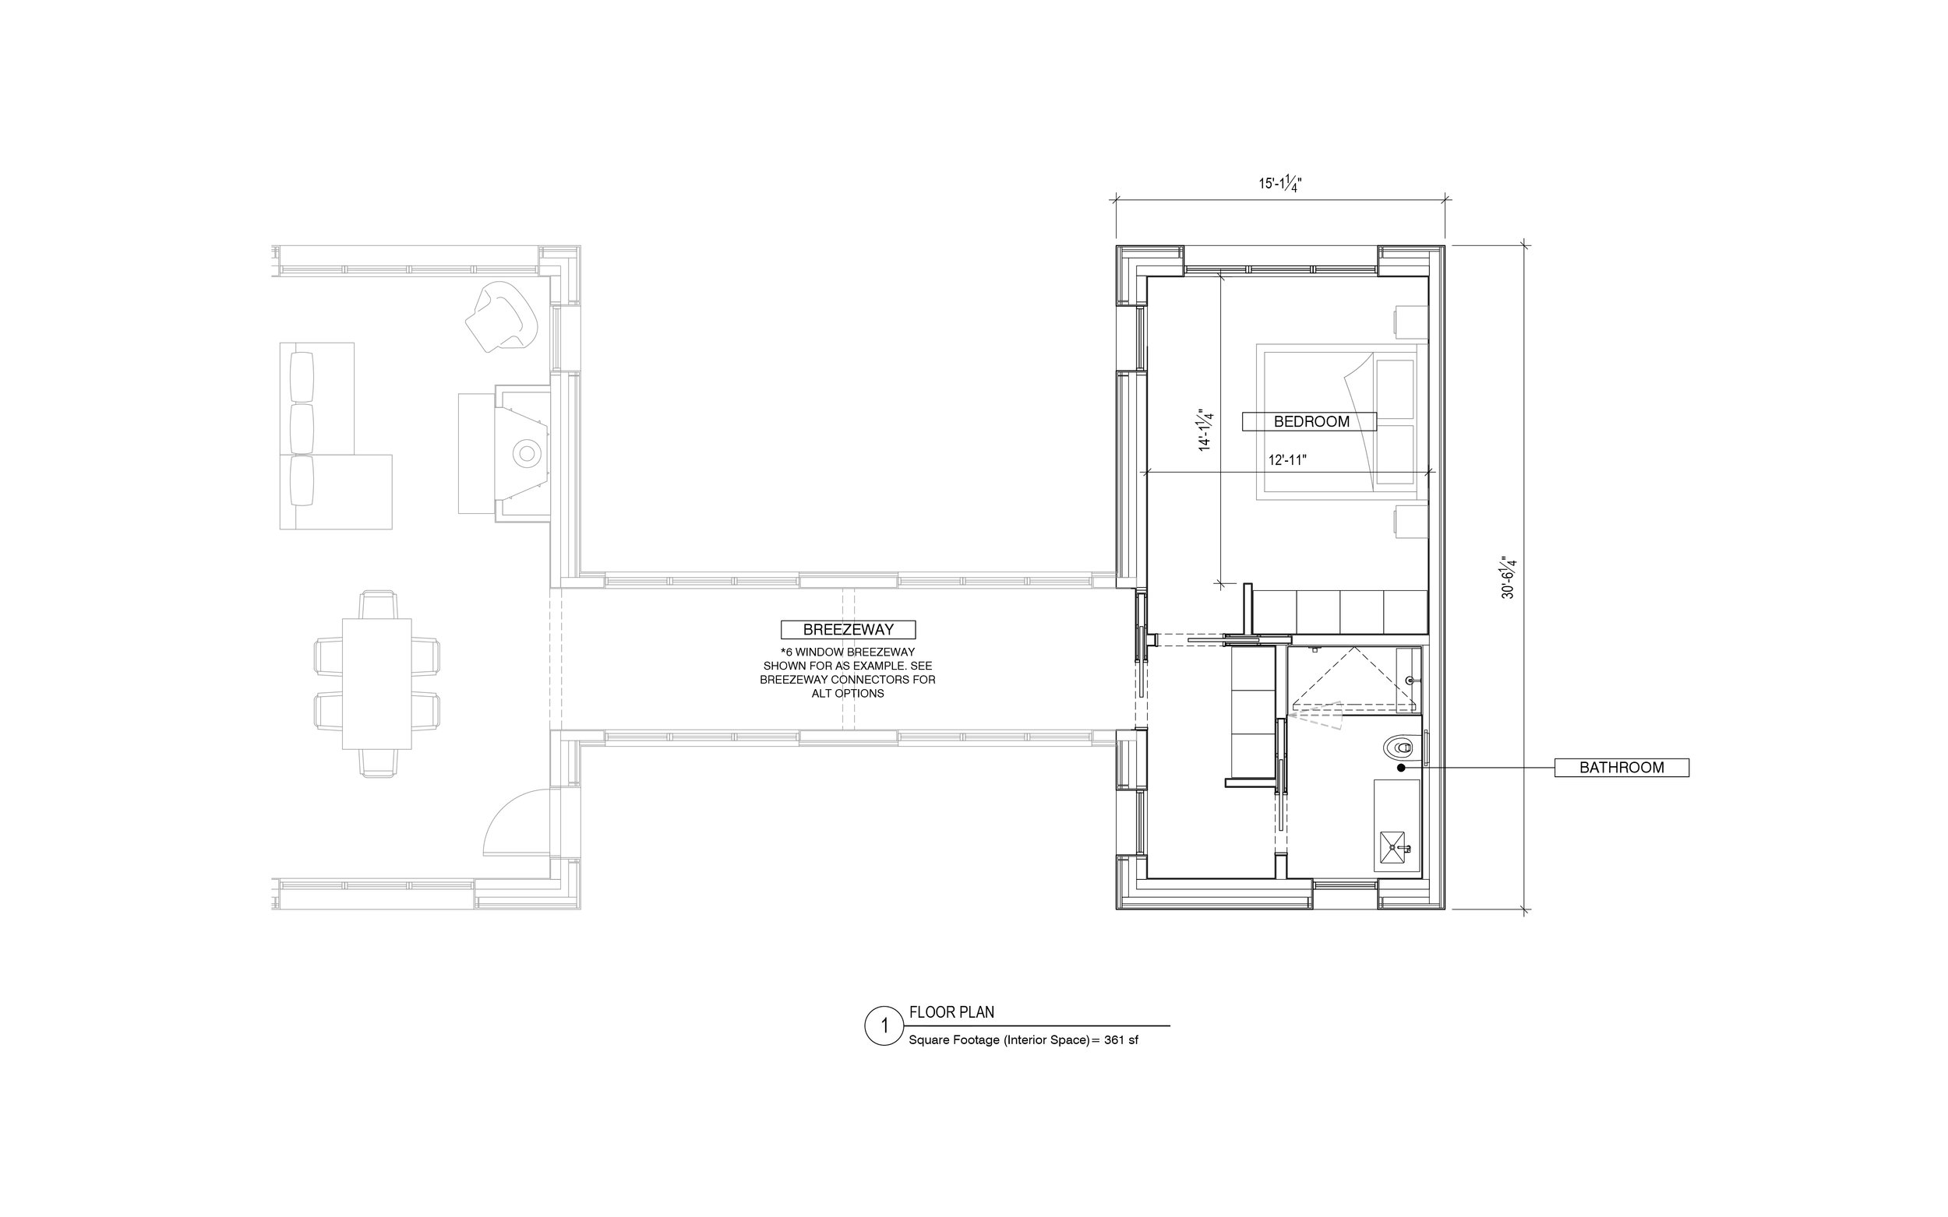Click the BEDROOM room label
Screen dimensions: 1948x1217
click(x=1311, y=421)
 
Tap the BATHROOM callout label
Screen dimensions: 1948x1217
click(x=1621, y=768)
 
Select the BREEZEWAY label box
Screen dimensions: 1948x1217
click(x=848, y=629)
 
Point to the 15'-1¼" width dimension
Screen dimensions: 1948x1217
click(x=1280, y=184)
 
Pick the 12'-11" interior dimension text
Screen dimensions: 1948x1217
click(x=1287, y=460)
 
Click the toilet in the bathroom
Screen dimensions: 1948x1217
click(x=1399, y=748)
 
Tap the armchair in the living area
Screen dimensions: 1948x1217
click(x=501, y=316)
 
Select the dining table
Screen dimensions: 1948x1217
click(x=377, y=684)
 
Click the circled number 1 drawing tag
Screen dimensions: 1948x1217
click(x=884, y=1025)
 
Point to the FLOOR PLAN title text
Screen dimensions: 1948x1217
click(x=952, y=1011)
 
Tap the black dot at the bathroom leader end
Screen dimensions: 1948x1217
click(x=1401, y=768)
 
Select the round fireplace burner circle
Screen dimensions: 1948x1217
click(x=528, y=453)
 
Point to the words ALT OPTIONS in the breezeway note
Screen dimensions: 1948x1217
click(x=848, y=693)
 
